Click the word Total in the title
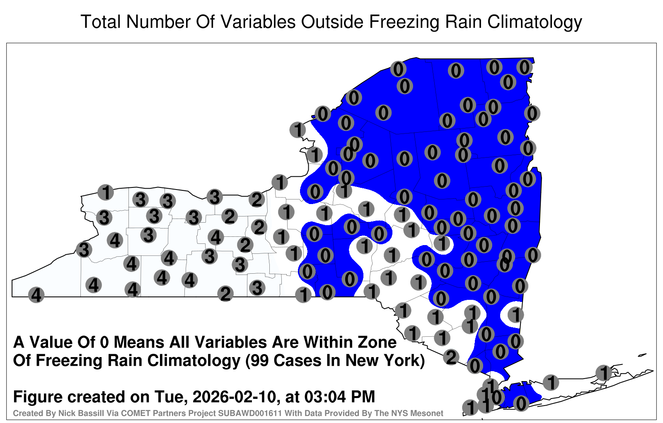101,22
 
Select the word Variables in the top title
258,22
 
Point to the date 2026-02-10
234,396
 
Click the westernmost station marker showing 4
36,295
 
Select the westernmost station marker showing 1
106,192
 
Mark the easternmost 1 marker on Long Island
603,373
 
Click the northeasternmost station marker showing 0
524,67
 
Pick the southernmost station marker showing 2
451,357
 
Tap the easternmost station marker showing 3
257,288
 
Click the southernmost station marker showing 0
520,404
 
